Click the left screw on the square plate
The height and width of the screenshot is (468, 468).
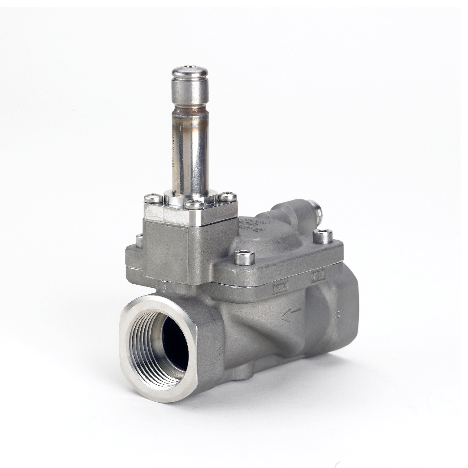tap(153, 198)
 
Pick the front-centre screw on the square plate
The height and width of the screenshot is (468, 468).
tap(194, 205)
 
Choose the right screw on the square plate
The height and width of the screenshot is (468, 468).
tap(227, 197)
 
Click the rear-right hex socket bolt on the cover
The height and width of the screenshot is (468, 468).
tap(322, 236)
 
